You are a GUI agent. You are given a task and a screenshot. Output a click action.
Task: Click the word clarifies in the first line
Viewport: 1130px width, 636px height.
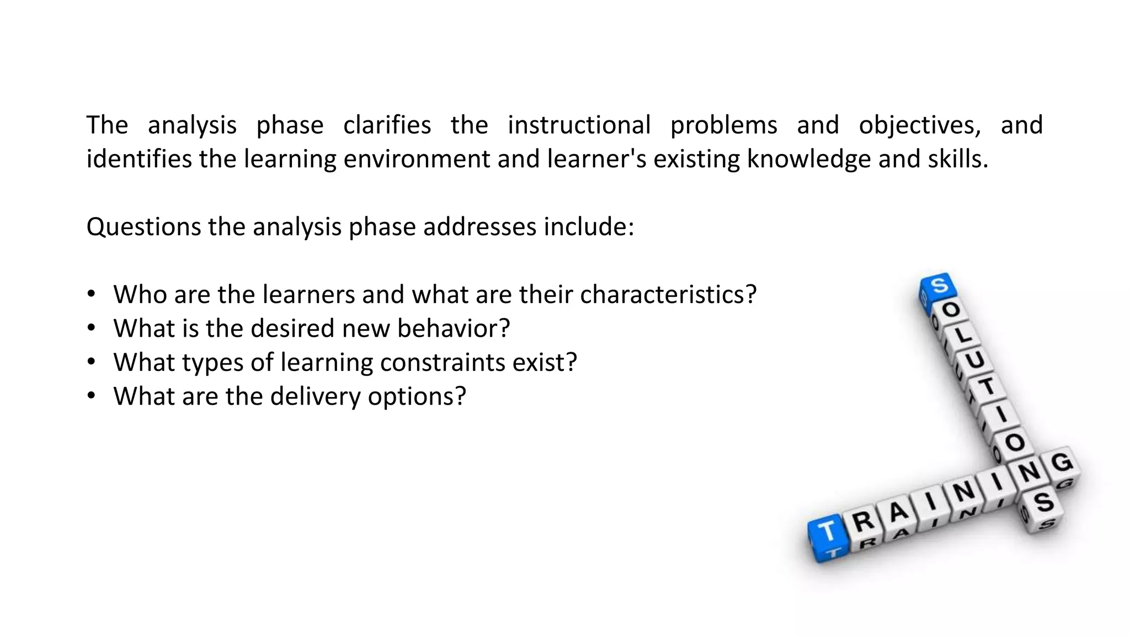(387, 125)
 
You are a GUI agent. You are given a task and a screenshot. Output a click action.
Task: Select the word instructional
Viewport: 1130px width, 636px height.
(579, 125)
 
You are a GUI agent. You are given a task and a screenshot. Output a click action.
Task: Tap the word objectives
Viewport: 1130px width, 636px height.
(920, 125)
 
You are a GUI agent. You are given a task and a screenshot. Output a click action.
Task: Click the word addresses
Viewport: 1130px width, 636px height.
(479, 227)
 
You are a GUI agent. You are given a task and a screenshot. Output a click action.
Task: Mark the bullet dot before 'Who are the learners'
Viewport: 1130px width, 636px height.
(92, 294)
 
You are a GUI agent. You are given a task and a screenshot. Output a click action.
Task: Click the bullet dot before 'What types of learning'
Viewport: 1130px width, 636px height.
(92, 362)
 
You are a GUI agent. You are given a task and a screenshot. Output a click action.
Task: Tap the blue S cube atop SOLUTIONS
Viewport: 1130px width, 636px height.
(939, 287)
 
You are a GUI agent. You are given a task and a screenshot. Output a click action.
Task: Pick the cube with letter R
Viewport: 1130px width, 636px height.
(864, 521)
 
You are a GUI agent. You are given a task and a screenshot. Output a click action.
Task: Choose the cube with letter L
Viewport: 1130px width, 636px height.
(963, 335)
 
